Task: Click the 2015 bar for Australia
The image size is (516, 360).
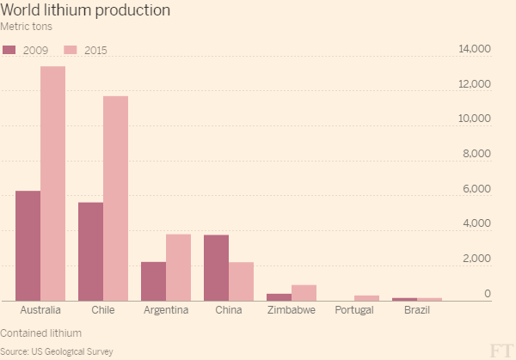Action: [x=52, y=184]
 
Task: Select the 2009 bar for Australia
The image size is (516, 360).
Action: [x=28, y=246]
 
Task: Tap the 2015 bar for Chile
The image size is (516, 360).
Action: [x=115, y=198]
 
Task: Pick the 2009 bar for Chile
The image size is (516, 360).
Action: [x=90, y=252]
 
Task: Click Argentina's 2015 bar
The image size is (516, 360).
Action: [x=178, y=267]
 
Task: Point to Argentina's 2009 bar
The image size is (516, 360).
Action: [x=153, y=281]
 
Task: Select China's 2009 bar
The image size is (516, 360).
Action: [x=216, y=268]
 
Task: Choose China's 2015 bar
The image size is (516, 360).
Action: [x=241, y=281]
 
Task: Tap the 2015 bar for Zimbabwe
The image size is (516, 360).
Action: [x=304, y=293]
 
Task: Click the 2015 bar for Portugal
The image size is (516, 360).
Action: [x=367, y=298]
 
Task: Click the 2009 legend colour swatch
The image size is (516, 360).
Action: [x=9, y=50]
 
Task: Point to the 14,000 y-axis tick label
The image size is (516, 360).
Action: [x=475, y=50]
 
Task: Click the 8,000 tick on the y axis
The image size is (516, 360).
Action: [x=477, y=155]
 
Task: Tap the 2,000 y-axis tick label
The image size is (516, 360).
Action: [x=477, y=259]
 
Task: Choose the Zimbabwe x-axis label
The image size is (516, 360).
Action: [x=292, y=310]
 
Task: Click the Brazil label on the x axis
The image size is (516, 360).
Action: [x=417, y=310]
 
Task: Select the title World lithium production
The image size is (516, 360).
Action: [x=85, y=10]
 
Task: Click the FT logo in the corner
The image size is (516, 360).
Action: [x=500, y=349]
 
